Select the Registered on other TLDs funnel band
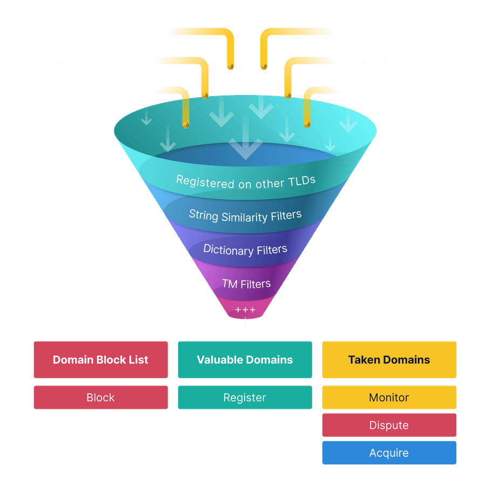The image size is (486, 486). (x=246, y=181)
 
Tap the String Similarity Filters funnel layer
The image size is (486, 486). (x=245, y=215)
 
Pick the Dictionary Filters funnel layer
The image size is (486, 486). (x=245, y=249)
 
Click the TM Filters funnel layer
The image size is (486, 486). (x=246, y=283)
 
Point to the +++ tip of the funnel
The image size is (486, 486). (x=245, y=309)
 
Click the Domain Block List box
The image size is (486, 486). (x=100, y=360)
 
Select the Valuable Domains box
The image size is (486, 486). (x=245, y=360)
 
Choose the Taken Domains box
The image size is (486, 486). (x=389, y=360)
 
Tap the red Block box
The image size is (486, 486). (x=100, y=397)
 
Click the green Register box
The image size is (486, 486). (x=245, y=397)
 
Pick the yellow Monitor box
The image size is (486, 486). (x=389, y=397)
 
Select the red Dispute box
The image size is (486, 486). (x=389, y=426)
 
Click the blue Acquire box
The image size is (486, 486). (x=389, y=453)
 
